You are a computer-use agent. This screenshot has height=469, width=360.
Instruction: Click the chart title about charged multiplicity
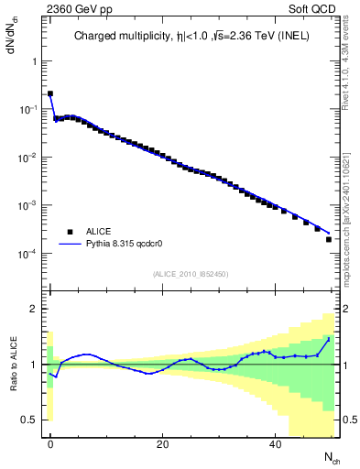[191, 37]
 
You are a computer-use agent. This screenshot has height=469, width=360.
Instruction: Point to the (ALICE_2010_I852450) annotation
[191, 273]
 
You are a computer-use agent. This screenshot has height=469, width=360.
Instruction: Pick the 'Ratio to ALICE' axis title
[12, 364]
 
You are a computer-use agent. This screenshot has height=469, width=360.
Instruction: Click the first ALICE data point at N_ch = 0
[50, 93]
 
